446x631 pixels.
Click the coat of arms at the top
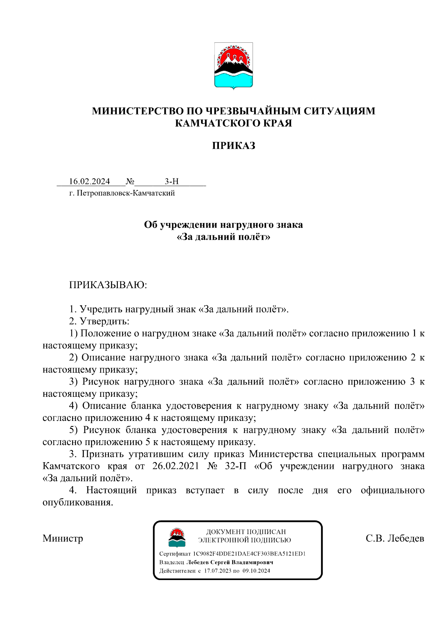point(233,66)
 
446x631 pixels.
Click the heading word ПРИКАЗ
point(233,145)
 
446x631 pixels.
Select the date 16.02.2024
point(89,181)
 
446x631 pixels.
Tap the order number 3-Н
point(172,181)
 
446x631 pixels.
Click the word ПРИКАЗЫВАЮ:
point(108,285)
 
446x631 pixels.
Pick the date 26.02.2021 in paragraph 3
point(176,466)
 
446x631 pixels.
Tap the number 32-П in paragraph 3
point(236,466)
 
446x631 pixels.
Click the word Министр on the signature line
point(63,538)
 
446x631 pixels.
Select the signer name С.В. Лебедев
point(395,538)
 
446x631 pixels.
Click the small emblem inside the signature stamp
point(177,538)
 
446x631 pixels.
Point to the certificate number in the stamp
point(249,554)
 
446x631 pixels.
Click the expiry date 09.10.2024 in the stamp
point(256,571)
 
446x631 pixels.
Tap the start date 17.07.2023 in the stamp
point(217,571)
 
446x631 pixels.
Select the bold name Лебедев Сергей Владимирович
point(230,562)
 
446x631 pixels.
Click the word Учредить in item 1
point(101,309)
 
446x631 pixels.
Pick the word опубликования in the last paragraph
point(78,502)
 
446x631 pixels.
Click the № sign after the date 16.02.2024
point(130,181)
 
